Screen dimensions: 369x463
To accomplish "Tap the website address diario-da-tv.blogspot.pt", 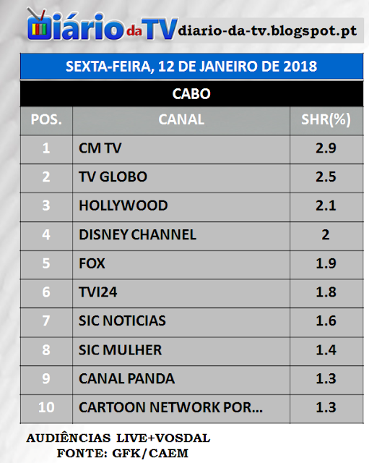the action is point(267,30).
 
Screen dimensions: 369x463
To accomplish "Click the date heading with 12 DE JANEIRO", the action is point(191,66).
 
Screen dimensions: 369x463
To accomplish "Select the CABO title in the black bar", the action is point(191,94).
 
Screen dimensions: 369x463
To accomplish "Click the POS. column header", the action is point(46,120).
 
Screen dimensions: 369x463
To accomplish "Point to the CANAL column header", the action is point(181,119).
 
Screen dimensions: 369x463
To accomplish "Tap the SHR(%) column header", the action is point(326,119).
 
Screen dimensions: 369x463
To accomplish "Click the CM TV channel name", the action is point(100,148).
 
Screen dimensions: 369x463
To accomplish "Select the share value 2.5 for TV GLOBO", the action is point(326,177).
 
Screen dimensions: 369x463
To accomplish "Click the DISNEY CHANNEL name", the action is point(137,234).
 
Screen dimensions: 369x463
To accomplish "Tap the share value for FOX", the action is point(326,263).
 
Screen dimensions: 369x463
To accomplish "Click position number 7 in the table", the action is point(46,321).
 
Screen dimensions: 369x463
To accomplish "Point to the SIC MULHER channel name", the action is point(121,350).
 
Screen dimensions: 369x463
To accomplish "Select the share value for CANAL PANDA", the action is point(326,379).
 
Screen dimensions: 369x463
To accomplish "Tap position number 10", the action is point(46,407).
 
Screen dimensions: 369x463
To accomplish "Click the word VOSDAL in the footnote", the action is point(183,438).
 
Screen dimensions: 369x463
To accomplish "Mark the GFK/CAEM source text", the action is point(150,454).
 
